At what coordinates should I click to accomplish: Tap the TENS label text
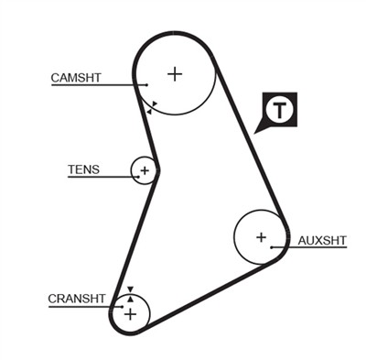[83, 169]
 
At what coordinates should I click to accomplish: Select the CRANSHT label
[77, 299]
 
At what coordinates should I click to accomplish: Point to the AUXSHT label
[322, 241]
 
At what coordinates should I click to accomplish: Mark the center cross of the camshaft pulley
[175, 73]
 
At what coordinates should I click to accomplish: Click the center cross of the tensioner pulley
[144, 170]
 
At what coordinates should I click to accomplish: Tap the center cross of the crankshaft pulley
[130, 314]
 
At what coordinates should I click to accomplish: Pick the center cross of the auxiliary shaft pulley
[261, 237]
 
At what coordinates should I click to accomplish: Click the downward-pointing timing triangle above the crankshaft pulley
[131, 290]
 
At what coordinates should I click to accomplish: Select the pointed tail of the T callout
[260, 130]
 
